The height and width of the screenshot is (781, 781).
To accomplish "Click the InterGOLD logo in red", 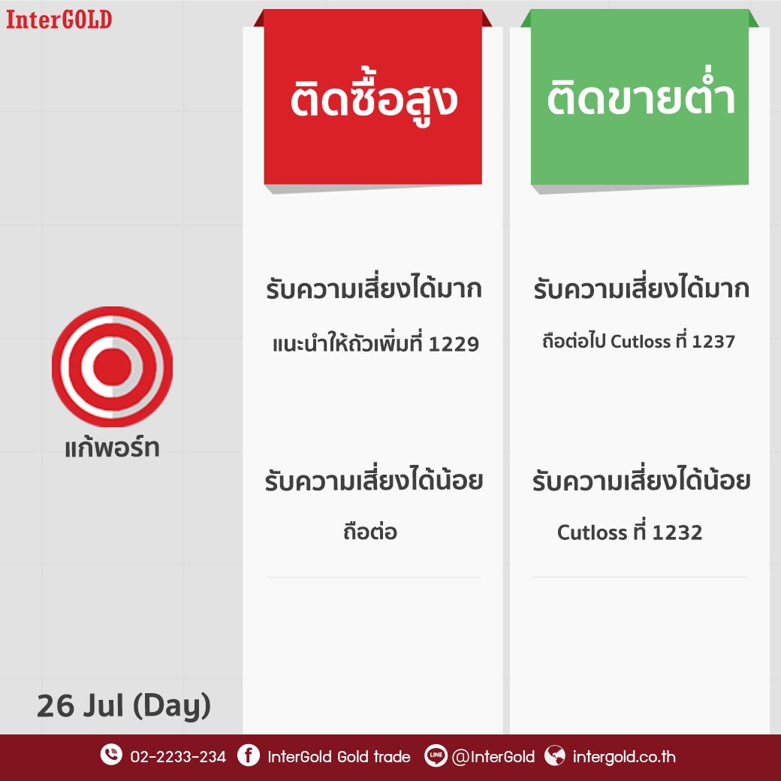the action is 59,20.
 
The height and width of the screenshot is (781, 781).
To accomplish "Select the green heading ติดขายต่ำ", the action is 641,95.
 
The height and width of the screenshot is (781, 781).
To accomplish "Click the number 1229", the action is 454,344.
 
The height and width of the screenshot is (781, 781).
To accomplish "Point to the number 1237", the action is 713,342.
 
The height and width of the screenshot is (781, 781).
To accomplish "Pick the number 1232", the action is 677,532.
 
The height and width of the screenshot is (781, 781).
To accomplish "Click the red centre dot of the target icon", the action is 112,367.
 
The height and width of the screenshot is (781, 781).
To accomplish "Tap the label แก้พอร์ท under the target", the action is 112,446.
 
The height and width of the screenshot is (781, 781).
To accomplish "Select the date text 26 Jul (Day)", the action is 123,705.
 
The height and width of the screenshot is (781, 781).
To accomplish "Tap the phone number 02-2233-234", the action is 178,757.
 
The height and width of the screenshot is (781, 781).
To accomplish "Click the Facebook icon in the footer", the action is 248,755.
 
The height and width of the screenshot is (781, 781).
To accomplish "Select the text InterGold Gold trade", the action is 339,757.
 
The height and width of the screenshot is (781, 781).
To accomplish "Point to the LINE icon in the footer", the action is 436,755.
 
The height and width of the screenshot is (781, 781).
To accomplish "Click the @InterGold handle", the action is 493,757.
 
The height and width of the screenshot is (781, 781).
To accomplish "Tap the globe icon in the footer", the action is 555,755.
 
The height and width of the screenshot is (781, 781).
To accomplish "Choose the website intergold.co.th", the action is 624,757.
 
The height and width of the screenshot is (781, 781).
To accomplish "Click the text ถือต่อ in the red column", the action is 369,531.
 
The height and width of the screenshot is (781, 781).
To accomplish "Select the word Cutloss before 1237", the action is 641,342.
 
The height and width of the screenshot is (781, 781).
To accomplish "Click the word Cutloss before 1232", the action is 593,532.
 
